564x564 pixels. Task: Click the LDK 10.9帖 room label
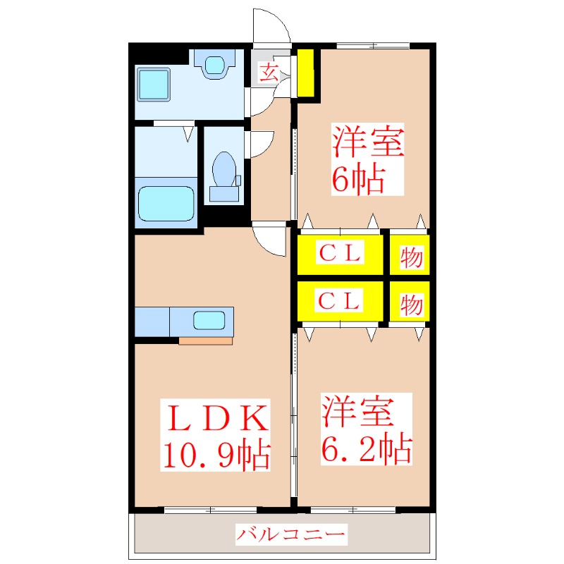click(x=216, y=436)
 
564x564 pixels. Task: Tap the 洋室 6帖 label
click(x=367, y=159)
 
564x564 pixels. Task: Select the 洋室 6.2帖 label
click(x=367, y=429)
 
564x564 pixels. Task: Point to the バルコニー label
click(x=291, y=534)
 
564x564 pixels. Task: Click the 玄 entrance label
click(x=269, y=73)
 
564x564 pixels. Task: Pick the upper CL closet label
click(x=340, y=252)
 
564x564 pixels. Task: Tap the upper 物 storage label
click(x=411, y=257)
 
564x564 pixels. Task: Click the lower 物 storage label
click(x=411, y=305)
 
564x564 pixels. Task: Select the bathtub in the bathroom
click(x=166, y=203)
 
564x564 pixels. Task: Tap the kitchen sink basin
click(x=209, y=321)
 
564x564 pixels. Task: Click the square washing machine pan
click(x=154, y=85)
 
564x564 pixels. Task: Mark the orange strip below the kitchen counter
click(x=206, y=341)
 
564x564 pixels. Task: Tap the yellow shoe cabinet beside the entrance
click(x=305, y=73)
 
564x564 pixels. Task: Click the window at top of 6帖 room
click(x=373, y=46)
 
